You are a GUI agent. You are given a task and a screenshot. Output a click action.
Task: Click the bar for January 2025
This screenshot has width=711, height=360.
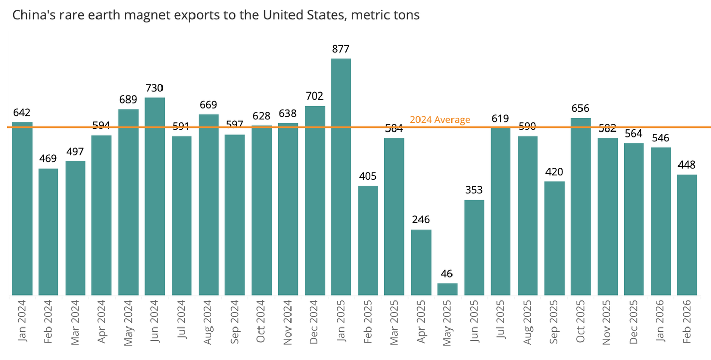click(341, 177)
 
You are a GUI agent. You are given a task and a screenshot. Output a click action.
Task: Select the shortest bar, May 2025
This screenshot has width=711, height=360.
click(447, 289)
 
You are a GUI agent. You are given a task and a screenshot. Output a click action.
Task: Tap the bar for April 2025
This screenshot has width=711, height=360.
click(421, 262)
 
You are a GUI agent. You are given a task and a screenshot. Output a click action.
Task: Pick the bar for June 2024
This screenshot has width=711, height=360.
click(154, 197)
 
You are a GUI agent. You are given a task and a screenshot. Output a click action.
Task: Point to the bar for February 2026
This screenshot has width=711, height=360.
click(687, 235)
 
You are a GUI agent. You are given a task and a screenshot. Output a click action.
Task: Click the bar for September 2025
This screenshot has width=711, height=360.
click(555, 239)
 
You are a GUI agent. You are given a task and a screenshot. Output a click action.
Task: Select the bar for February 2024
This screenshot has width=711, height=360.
click(48, 232)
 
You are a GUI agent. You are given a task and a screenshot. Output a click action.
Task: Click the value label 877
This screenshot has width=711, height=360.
click(341, 49)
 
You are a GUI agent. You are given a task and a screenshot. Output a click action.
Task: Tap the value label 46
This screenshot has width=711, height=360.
click(447, 274)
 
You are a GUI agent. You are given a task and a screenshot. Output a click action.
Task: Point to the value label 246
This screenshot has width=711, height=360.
click(421, 220)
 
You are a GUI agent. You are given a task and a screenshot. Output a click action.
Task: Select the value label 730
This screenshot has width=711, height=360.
click(154, 88)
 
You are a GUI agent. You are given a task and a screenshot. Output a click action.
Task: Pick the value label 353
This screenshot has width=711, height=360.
click(474, 190)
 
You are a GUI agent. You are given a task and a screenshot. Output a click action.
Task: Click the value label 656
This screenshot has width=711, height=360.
click(580, 108)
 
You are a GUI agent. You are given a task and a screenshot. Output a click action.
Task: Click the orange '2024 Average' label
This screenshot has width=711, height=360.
click(440, 120)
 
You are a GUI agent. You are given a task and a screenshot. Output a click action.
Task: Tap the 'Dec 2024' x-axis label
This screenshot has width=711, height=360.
click(314, 322)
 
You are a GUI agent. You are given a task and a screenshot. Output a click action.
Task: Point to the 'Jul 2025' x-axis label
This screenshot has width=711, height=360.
click(500, 319)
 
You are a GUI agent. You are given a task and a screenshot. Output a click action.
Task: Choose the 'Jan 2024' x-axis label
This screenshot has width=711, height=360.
click(22, 321)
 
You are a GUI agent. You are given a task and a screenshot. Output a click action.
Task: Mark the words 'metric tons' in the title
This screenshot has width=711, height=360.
click(385, 15)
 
